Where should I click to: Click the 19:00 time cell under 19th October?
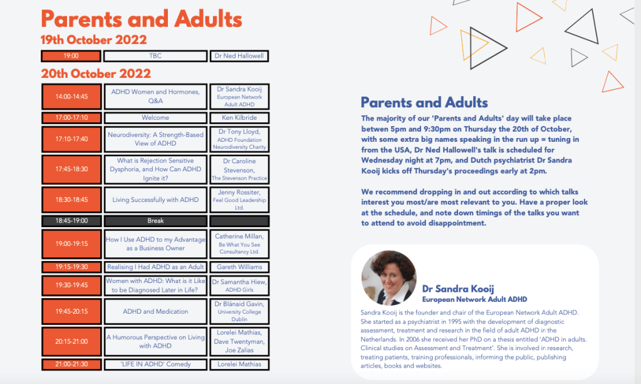click(71, 56)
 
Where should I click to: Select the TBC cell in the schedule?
click(155, 56)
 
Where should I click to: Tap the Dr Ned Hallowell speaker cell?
click(239, 56)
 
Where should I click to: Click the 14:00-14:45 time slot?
click(71, 97)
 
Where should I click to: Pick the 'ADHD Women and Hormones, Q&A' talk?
click(155, 97)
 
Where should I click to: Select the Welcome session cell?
click(155, 117)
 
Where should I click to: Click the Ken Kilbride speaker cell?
click(239, 117)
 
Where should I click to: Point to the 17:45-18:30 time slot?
click(71, 169)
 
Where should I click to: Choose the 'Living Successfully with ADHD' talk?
click(155, 200)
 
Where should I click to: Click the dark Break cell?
click(155, 221)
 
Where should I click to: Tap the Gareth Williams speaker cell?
click(239, 267)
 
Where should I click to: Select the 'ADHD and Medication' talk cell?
click(155, 311)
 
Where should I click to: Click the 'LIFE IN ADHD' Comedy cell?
click(155, 364)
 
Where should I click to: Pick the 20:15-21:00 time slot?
click(71, 341)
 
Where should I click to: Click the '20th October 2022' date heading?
click(96, 73)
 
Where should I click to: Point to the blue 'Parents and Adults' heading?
click(424, 102)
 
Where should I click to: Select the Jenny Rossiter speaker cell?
click(239, 200)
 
